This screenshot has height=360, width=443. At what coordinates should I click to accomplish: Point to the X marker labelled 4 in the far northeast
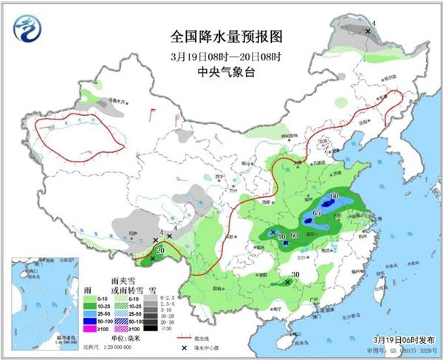[368, 31]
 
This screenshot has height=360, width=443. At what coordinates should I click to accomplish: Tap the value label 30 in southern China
[295, 275]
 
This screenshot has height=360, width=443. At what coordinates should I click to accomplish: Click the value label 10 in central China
[282, 236]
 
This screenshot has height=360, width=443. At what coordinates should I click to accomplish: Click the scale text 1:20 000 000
[123, 347]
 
